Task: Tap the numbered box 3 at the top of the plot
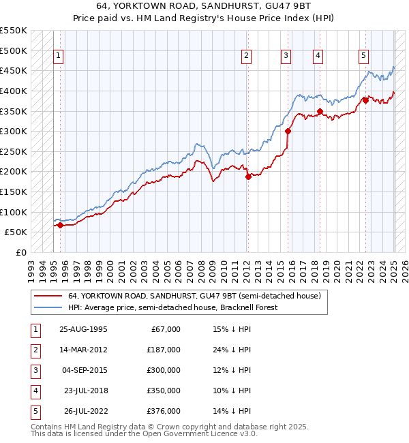point(286,56)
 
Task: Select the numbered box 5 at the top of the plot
point(363,56)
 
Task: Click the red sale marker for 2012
point(247,177)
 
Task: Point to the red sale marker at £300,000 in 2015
point(288,131)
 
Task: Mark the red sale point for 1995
point(60,225)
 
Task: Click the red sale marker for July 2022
point(365,100)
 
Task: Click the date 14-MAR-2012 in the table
point(84,350)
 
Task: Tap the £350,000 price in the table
point(164,391)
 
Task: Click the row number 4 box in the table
point(34,391)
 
